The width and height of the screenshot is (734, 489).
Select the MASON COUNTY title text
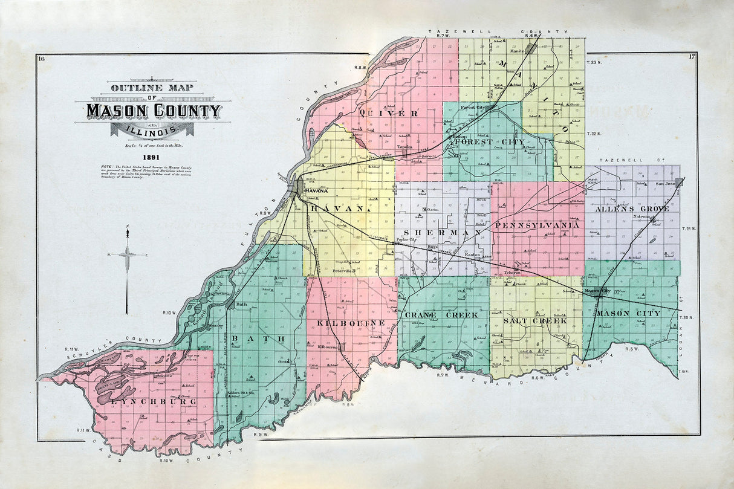(154, 111)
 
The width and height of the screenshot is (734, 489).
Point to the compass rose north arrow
(128, 254)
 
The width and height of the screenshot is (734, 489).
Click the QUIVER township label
(380, 113)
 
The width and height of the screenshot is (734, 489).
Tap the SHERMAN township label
(438, 233)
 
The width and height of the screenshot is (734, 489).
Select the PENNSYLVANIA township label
(538, 225)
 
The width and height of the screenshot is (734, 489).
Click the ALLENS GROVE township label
(632, 209)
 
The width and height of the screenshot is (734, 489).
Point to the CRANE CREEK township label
(441, 315)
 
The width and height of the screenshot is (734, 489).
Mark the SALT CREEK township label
(536, 320)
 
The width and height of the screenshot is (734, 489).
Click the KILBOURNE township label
(351, 323)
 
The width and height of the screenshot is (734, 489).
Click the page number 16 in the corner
(41, 58)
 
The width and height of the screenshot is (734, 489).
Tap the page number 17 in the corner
(692, 57)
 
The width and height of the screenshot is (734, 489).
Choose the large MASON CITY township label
(629, 313)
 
